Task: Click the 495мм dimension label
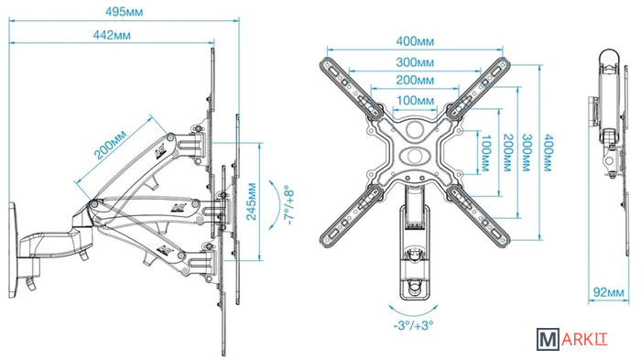coord(124,12)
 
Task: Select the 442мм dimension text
coord(112,35)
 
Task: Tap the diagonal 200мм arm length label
coord(111,145)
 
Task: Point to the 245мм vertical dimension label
coord(252,202)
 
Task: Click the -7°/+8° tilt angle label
coord(289,205)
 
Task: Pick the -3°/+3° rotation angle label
coord(413,325)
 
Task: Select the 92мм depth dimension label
coord(609,292)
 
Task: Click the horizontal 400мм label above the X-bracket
coord(415,41)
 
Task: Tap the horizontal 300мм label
coord(415,62)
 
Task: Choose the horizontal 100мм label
coord(415,100)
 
